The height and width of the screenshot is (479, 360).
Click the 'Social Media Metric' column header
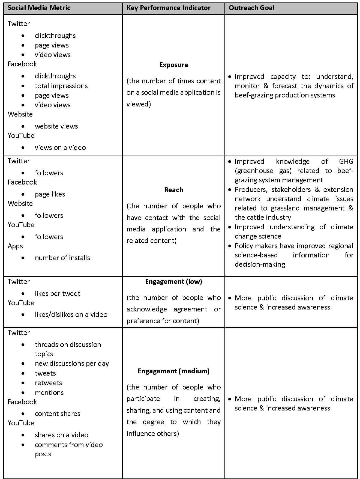(39, 8)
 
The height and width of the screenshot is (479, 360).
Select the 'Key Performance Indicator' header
(168, 8)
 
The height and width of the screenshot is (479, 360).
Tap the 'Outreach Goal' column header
(251, 8)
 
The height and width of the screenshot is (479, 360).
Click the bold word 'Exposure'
(173, 65)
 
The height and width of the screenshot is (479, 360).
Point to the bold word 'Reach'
(173, 190)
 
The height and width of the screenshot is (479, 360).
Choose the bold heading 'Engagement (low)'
(173, 282)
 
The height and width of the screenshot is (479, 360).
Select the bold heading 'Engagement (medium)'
(173, 371)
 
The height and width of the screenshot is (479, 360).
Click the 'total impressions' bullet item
(61, 86)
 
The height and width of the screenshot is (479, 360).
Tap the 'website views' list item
(56, 126)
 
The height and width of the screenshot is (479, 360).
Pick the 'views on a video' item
(60, 148)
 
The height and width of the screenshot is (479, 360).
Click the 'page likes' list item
(50, 194)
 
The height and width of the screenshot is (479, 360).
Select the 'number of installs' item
(62, 258)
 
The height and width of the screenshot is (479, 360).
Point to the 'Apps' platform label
(15, 246)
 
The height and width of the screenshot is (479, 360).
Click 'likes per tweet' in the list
(57, 294)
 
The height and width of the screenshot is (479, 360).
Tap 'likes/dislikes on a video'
(71, 315)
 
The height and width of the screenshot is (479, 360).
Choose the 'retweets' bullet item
(48, 383)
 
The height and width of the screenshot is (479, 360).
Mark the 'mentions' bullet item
(49, 393)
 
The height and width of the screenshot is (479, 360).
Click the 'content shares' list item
(57, 414)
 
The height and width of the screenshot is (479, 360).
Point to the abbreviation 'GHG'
(346, 162)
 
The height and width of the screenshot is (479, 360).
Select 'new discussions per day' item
(72, 364)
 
